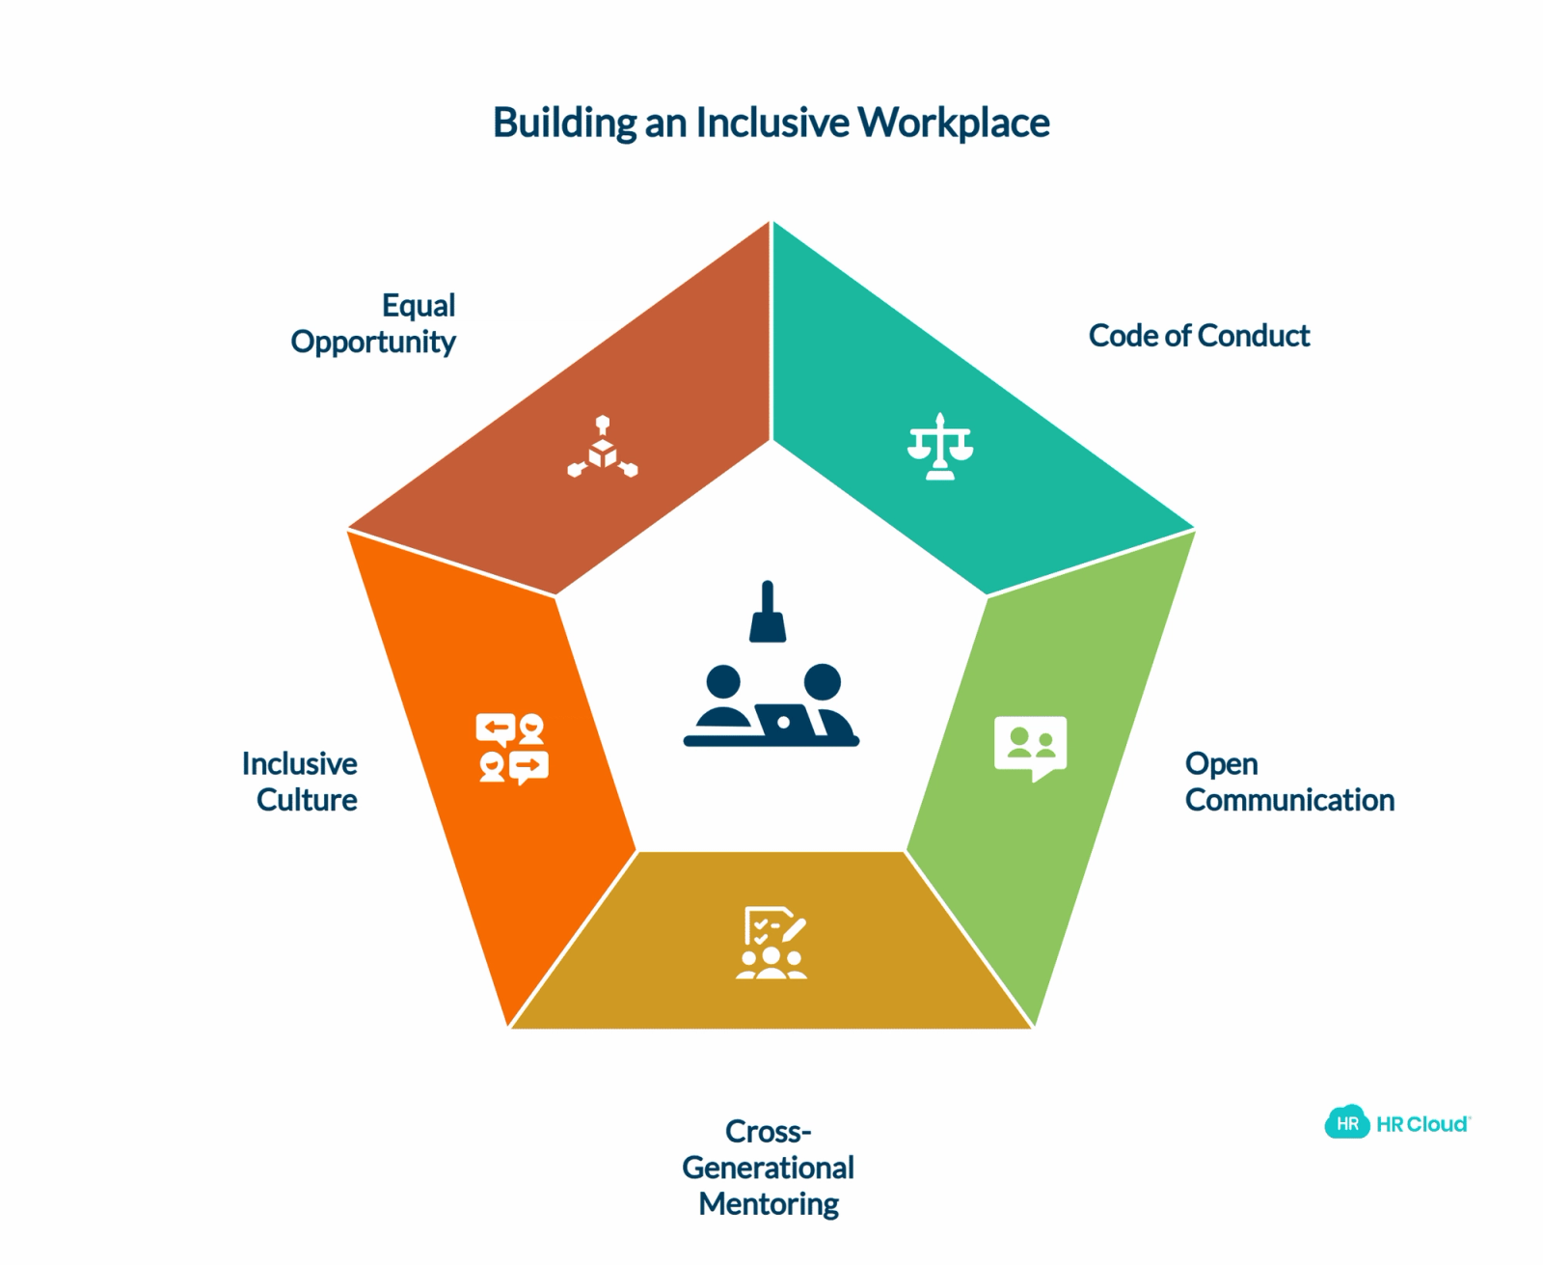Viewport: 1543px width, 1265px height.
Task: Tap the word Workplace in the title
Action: pos(954,123)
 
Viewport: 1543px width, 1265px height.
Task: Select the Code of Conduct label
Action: pos(1199,335)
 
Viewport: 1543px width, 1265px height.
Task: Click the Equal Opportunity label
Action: pos(373,323)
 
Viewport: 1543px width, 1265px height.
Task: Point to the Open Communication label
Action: pos(1289,782)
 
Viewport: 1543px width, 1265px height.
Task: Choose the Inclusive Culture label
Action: pos(300,782)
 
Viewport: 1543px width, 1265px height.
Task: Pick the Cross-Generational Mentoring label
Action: pos(769,1167)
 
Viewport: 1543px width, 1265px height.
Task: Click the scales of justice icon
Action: pos(940,447)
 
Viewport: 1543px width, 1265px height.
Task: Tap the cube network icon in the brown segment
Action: pos(603,447)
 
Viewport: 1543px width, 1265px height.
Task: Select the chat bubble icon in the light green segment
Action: pos(1030,748)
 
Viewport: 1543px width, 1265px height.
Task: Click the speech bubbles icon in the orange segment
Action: pos(512,748)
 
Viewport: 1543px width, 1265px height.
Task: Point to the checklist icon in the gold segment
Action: pos(771,943)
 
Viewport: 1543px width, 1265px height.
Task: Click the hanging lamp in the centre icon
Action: pos(768,612)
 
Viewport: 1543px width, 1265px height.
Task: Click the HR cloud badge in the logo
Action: pos(1347,1124)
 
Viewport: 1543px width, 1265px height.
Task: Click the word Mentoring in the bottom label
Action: pos(769,1204)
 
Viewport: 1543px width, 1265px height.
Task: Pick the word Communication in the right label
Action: pos(1289,799)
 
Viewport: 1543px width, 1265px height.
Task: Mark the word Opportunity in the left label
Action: pos(373,343)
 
